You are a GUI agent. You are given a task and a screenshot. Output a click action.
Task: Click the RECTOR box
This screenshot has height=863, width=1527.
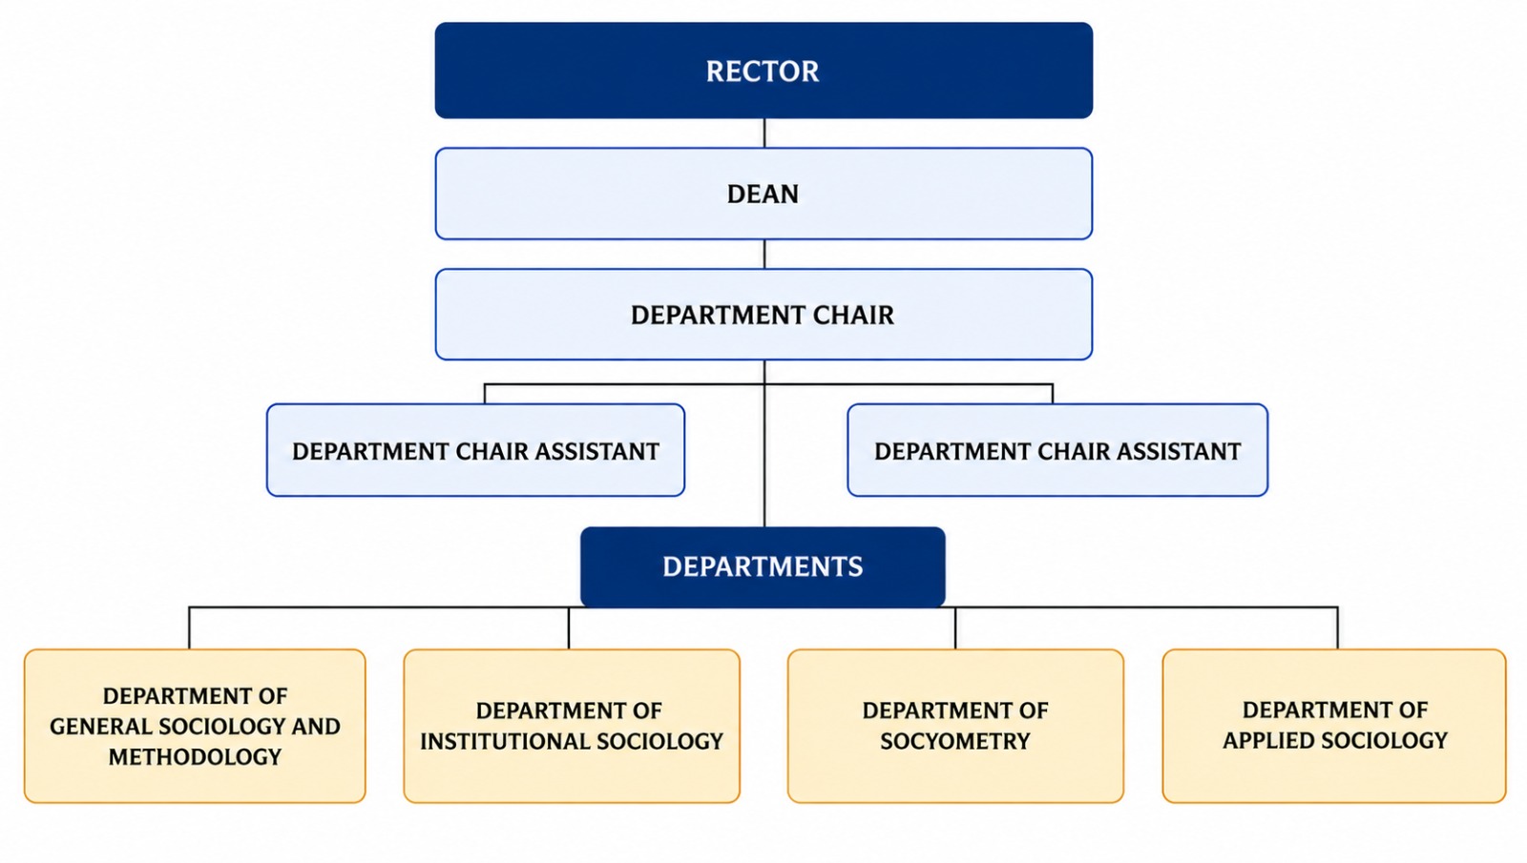763,71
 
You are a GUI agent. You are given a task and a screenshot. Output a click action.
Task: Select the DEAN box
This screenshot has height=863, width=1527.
763,194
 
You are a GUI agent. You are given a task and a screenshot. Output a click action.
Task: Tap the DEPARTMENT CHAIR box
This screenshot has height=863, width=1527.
763,314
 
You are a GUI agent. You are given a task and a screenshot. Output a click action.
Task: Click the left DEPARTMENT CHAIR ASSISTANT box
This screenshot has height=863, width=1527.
475,450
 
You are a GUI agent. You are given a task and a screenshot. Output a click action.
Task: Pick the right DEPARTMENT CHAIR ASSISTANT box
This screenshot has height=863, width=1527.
1057,450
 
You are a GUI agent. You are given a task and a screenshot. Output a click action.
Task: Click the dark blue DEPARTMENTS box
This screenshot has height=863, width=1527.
763,566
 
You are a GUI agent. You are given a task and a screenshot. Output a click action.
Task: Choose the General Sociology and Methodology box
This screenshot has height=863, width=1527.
195,726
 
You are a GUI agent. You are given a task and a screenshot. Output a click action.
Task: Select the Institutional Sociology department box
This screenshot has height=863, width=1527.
572,726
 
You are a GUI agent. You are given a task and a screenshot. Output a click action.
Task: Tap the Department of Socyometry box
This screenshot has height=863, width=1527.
955,726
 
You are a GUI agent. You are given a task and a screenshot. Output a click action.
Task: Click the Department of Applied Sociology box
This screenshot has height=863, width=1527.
1334,726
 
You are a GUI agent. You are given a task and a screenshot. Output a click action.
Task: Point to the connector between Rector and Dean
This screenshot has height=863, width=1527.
764,134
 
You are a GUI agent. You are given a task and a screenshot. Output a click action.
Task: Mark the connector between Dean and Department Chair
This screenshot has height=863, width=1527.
764,254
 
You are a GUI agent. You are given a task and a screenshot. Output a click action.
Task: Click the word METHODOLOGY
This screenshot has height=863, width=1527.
195,757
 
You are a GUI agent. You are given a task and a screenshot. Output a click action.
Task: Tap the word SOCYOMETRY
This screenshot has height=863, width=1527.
955,741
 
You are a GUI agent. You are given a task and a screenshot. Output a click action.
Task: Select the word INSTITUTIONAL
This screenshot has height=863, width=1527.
506,741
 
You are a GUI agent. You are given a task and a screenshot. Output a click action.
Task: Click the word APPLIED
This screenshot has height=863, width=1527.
1266,740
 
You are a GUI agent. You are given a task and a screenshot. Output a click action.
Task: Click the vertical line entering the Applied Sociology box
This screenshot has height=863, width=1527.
1337,628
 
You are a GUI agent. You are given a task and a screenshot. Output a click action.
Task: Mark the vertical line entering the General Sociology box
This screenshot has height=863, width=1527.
189,628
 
